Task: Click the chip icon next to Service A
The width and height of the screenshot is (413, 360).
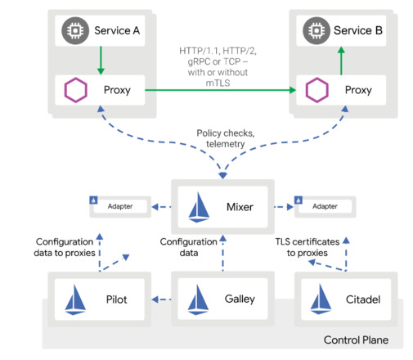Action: coord(75,30)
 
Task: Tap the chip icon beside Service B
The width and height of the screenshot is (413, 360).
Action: coord(316,30)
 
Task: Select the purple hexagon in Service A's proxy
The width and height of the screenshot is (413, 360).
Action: coord(76,90)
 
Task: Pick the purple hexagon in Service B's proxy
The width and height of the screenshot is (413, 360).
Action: coord(317,90)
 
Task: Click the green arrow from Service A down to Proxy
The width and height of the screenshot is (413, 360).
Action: coord(101,61)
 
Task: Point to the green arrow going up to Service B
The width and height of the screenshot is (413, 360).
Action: coord(341,61)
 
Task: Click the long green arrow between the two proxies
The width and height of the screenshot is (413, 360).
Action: coord(220,90)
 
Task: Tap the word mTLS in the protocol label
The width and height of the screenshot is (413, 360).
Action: coord(218,83)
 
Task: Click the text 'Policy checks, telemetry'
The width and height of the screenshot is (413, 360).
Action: coord(226,138)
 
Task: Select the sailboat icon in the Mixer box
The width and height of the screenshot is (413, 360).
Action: coord(199,207)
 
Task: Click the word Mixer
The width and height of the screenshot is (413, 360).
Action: coord(240,207)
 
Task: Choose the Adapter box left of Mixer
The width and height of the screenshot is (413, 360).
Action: coord(120,206)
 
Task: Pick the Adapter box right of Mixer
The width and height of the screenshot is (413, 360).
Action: coord(325,206)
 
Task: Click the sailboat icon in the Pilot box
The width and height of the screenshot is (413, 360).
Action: coord(75,299)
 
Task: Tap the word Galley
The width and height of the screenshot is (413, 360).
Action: coord(240,299)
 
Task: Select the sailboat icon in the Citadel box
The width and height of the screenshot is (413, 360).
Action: coord(321,299)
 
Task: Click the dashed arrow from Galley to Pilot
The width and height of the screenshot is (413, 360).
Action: coord(161,299)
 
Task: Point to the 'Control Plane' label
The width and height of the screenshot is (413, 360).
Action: coord(356,340)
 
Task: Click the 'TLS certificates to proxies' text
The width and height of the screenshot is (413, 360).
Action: coord(308,247)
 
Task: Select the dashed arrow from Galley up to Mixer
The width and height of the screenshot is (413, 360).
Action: coord(223,253)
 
